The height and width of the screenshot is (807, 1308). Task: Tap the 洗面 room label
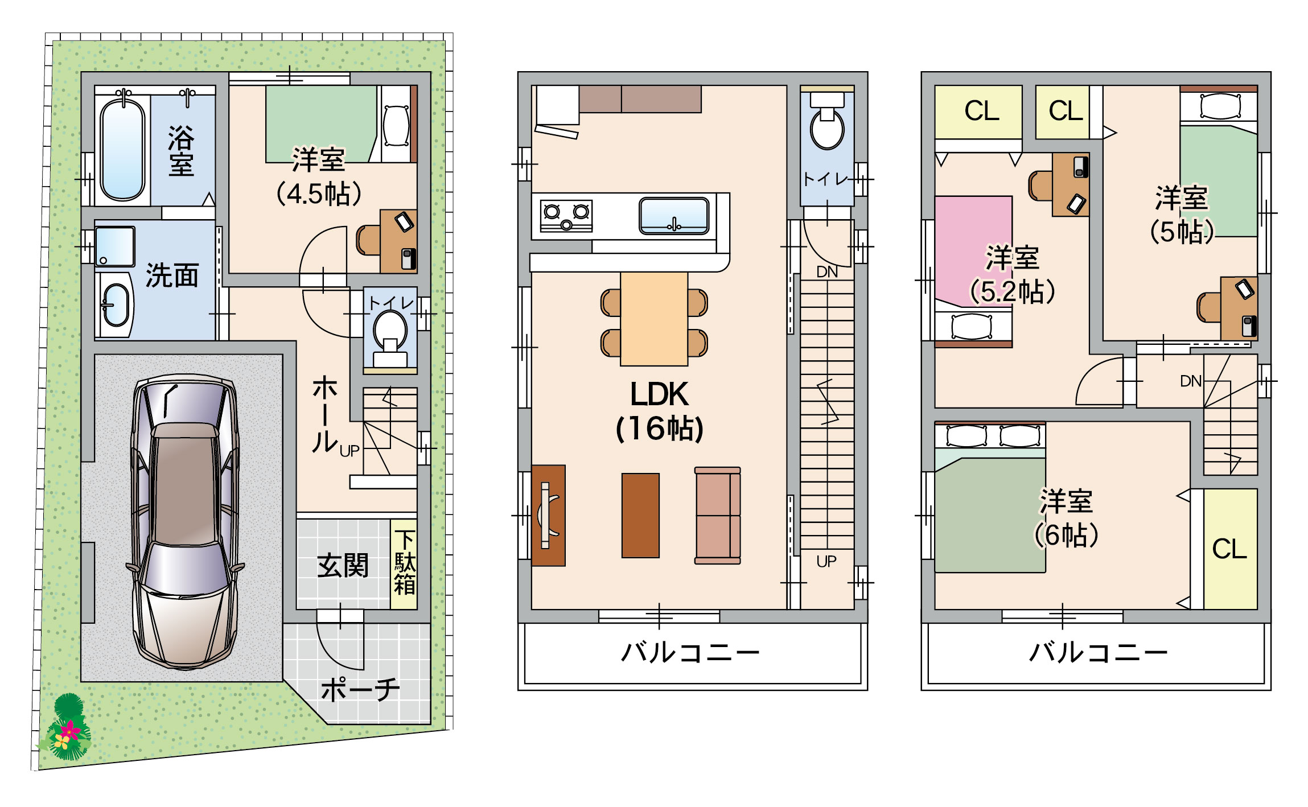(172, 276)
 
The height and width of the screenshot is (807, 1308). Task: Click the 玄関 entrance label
(343, 566)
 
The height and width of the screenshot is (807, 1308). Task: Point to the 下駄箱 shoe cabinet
(404, 563)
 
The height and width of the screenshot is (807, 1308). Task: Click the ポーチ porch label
(360, 689)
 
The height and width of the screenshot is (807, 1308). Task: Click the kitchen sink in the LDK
(674, 216)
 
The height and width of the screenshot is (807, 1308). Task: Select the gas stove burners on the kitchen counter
(566, 216)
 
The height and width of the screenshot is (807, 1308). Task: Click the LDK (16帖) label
(659, 411)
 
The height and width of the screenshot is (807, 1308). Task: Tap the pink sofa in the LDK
(718, 516)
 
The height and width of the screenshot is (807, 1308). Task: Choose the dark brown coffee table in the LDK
(640, 516)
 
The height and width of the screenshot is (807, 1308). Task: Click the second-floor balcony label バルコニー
(690, 652)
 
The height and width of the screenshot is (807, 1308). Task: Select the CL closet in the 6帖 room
(1230, 549)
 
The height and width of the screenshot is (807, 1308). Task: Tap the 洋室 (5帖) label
(1182, 215)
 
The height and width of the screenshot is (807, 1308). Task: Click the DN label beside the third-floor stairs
(1191, 381)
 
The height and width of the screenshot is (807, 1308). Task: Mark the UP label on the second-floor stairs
(826, 562)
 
